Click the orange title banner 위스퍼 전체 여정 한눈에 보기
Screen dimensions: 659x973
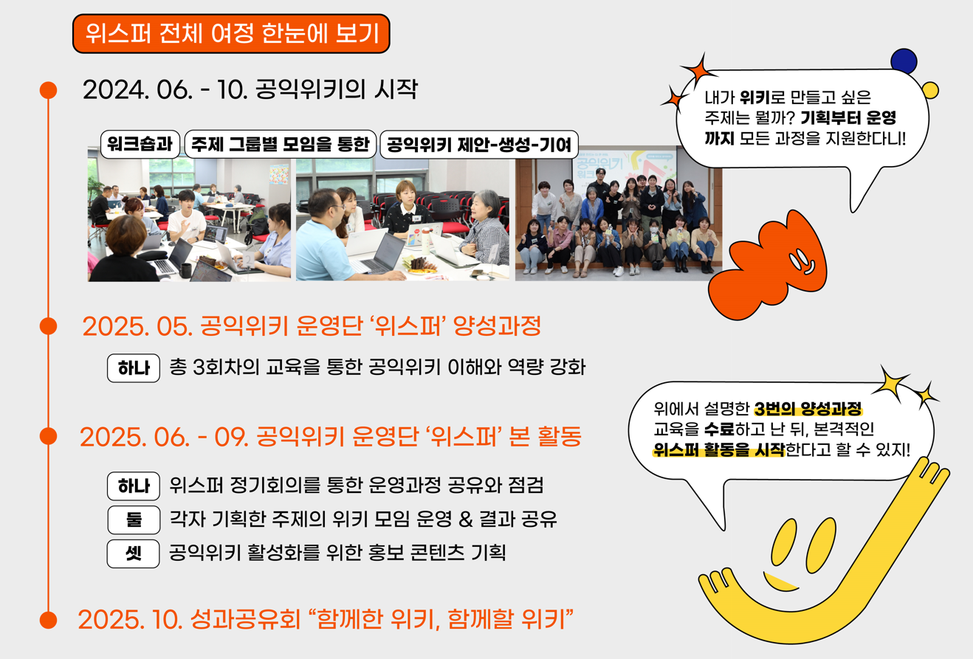point(230,34)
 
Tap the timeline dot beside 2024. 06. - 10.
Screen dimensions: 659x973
point(48,90)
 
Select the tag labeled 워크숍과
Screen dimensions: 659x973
point(140,145)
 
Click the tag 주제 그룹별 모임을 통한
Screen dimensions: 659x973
point(280,145)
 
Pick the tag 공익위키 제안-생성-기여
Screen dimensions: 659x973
point(478,145)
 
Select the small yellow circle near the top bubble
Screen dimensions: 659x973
point(930,91)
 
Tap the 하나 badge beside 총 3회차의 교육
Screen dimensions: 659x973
point(134,368)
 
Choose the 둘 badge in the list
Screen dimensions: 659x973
point(134,520)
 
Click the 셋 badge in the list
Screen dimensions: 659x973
point(134,553)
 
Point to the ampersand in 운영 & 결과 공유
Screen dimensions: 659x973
point(464,520)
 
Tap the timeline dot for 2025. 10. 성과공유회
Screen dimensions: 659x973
point(48,618)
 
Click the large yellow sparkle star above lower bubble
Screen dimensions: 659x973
point(894,382)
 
